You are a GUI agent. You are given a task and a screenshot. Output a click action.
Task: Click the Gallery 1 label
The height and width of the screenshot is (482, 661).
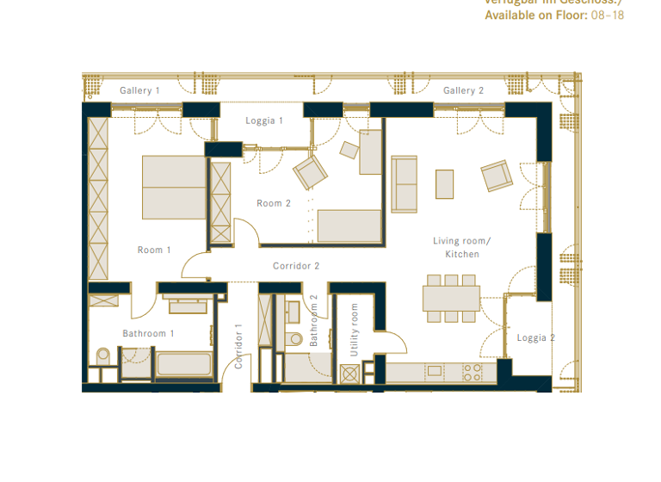(139, 90)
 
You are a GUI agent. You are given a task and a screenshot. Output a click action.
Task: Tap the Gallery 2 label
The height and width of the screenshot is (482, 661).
(463, 90)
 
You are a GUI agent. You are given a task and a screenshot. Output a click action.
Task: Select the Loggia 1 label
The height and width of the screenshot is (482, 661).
(264, 120)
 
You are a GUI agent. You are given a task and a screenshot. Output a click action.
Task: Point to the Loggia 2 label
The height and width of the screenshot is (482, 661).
(535, 338)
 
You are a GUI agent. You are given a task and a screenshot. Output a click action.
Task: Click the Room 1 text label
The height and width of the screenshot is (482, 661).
(154, 250)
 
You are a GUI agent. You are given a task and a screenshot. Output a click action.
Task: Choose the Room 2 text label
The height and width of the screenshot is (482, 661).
(274, 203)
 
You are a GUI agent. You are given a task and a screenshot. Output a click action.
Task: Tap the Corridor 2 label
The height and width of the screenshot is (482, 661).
(296, 266)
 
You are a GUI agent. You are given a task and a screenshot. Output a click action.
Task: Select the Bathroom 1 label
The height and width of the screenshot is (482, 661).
(148, 333)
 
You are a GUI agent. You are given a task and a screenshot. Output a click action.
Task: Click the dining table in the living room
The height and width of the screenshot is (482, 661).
(450, 298)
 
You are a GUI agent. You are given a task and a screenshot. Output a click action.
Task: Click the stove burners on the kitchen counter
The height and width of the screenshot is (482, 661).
(473, 372)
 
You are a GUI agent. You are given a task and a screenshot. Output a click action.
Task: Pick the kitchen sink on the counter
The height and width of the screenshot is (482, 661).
(435, 371)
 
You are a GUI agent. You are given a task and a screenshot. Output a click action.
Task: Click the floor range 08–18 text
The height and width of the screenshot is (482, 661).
(608, 15)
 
